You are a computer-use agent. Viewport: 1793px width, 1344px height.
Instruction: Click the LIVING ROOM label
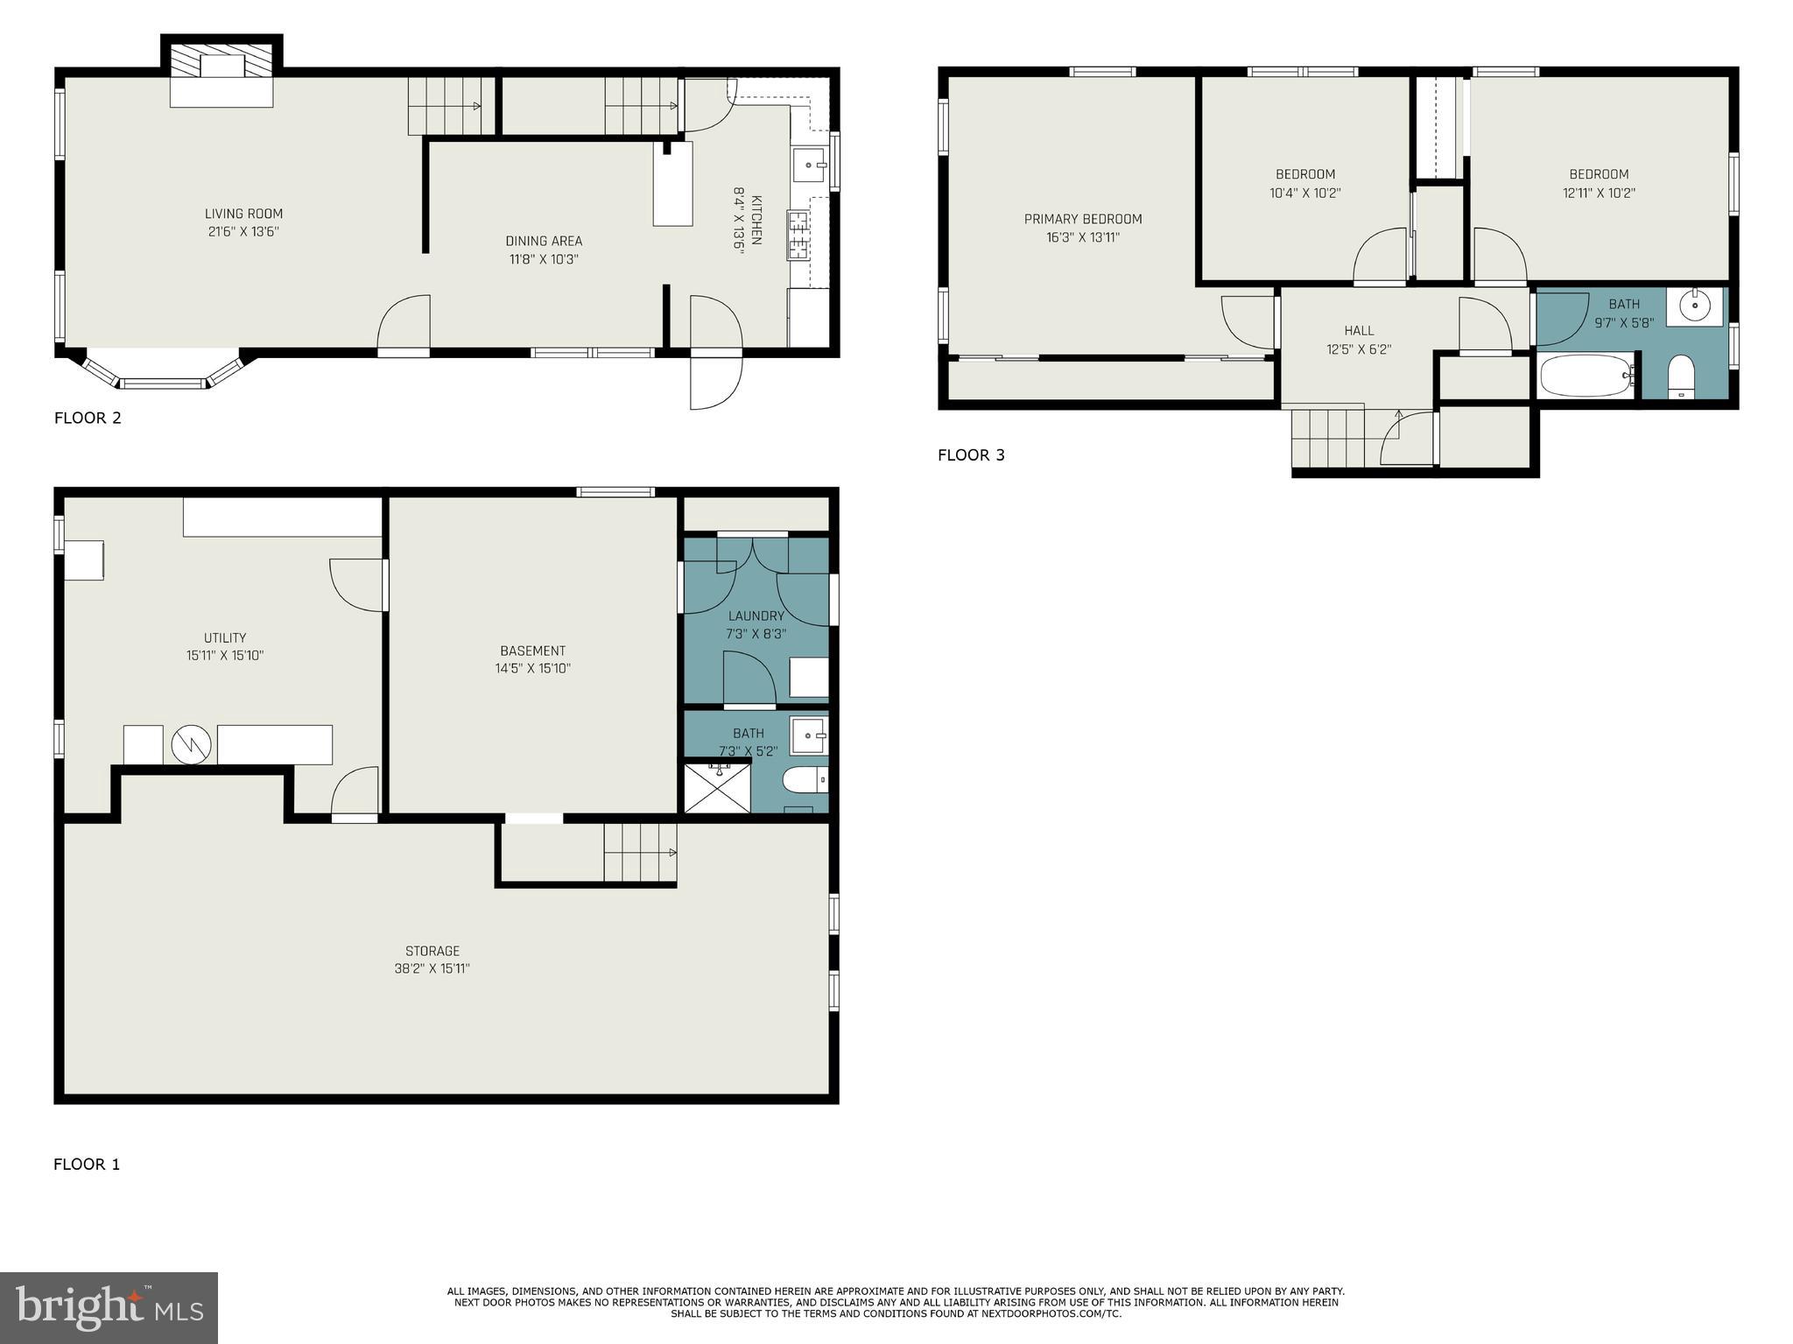tap(243, 214)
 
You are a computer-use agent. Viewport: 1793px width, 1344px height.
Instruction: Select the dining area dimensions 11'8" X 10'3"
tap(544, 259)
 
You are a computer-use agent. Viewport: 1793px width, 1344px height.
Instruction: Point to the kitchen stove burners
tap(798, 235)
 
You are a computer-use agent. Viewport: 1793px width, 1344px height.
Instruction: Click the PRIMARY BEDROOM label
tap(1083, 219)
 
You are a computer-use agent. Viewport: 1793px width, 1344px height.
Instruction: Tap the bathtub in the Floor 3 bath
tap(1586, 376)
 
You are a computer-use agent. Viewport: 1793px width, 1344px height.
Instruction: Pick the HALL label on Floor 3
tap(1359, 330)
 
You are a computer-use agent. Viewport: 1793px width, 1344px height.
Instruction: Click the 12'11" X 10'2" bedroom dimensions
tap(1599, 193)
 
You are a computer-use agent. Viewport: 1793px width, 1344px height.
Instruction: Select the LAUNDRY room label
tap(756, 616)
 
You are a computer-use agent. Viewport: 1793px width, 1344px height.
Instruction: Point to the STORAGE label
tap(432, 951)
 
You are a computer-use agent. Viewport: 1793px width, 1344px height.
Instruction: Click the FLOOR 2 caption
tap(88, 418)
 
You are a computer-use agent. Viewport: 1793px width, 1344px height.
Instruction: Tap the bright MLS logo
tap(109, 1307)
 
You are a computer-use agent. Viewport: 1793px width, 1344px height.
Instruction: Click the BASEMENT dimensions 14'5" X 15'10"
tap(532, 668)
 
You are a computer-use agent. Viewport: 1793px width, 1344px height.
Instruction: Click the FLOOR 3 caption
tap(971, 454)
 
